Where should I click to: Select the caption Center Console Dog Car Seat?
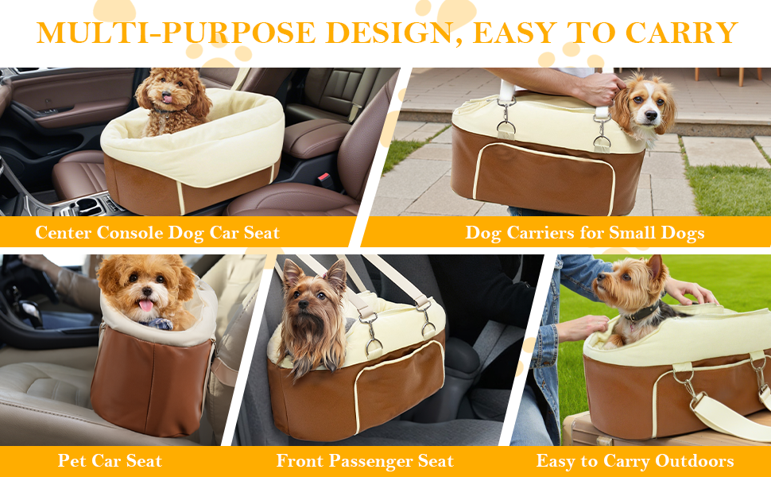coord(157,233)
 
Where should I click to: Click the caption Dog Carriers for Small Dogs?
coord(585,233)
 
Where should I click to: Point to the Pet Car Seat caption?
coord(110,461)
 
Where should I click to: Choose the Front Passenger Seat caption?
coord(365,461)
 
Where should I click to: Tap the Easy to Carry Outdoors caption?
coord(635,461)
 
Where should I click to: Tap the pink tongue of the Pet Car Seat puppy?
coord(145,305)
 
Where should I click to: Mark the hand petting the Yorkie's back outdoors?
coord(690,293)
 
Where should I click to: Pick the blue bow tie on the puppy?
coord(163,324)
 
